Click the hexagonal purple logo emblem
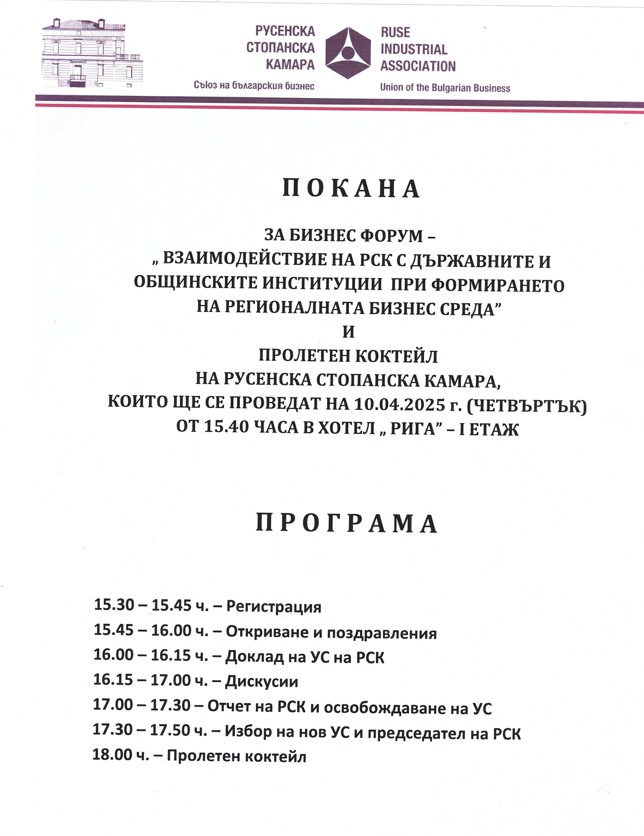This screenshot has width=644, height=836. click(348, 53)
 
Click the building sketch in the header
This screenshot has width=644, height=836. click(92, 53)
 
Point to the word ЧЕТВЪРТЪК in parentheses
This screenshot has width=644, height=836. click(527, 405)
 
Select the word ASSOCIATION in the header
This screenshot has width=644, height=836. click(418, 67)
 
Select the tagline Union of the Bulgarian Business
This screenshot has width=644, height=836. click(445, 88)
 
